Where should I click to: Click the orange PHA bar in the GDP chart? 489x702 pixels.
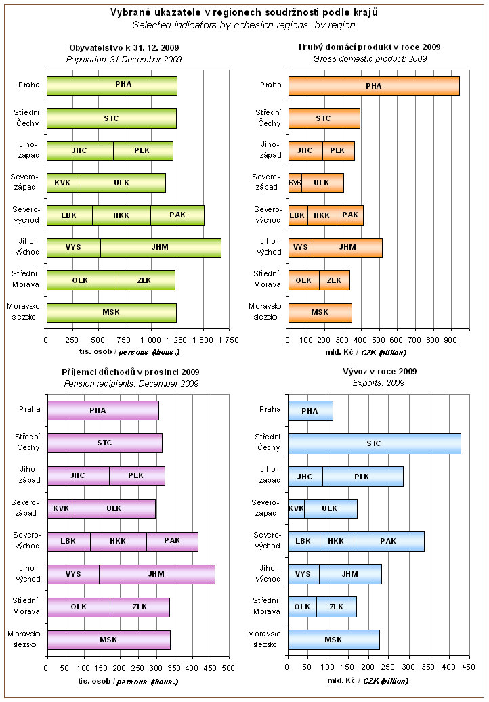point(373,86)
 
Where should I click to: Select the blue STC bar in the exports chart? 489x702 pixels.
point(374,443)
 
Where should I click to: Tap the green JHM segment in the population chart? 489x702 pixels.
point(161,248)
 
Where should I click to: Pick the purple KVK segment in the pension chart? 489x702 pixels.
point(61,508)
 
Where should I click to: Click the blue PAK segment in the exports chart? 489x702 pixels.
point(388,542)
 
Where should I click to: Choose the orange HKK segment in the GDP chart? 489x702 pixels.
point(322,215)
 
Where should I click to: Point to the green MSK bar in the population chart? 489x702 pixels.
point(111,312)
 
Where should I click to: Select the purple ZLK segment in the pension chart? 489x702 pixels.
point(140,607)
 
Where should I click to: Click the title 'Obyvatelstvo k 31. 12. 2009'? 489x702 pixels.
point(124,47)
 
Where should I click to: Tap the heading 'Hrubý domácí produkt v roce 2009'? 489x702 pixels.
point(370,47)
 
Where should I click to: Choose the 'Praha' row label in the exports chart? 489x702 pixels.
point(270,409)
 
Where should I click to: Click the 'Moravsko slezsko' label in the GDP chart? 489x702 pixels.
point(265,311)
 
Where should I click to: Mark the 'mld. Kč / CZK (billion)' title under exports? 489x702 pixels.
point(368,681)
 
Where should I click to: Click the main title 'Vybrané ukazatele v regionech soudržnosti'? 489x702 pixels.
point(244,12)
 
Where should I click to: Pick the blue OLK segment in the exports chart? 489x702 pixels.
point(302,607)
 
